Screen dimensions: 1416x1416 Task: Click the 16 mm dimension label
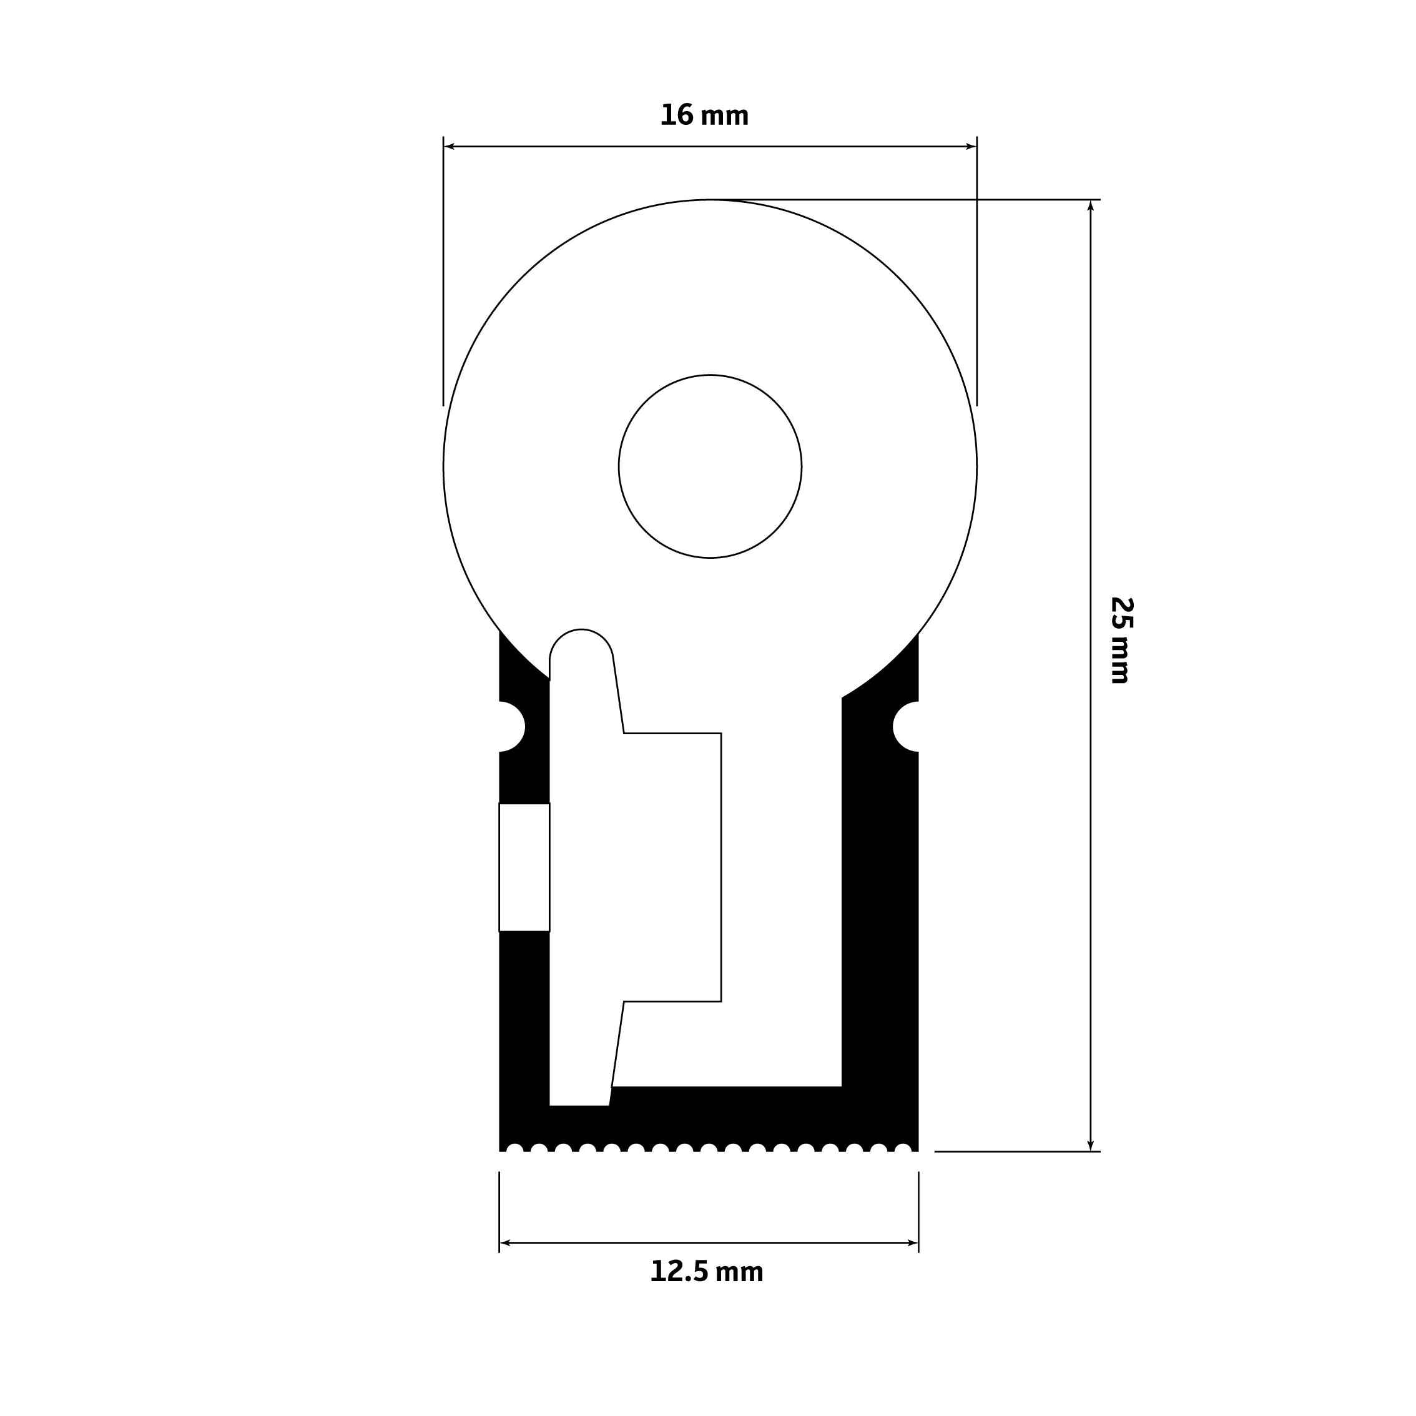tap(704, 115)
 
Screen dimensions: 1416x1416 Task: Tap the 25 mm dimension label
tap(1121, 640)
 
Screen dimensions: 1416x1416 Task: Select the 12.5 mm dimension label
tap(707, 1272)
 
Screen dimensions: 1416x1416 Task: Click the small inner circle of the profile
tap(710, 466)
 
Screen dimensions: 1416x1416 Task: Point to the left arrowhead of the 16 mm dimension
tap(450, 147)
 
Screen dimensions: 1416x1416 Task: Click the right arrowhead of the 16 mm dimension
tap(971, 147)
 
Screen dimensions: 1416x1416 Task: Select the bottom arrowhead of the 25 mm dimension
tap(1091, 1146)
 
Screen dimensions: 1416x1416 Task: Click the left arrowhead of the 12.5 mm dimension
tap(505, 1243)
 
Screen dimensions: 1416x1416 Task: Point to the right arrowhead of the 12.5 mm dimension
tap(913, 1243)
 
